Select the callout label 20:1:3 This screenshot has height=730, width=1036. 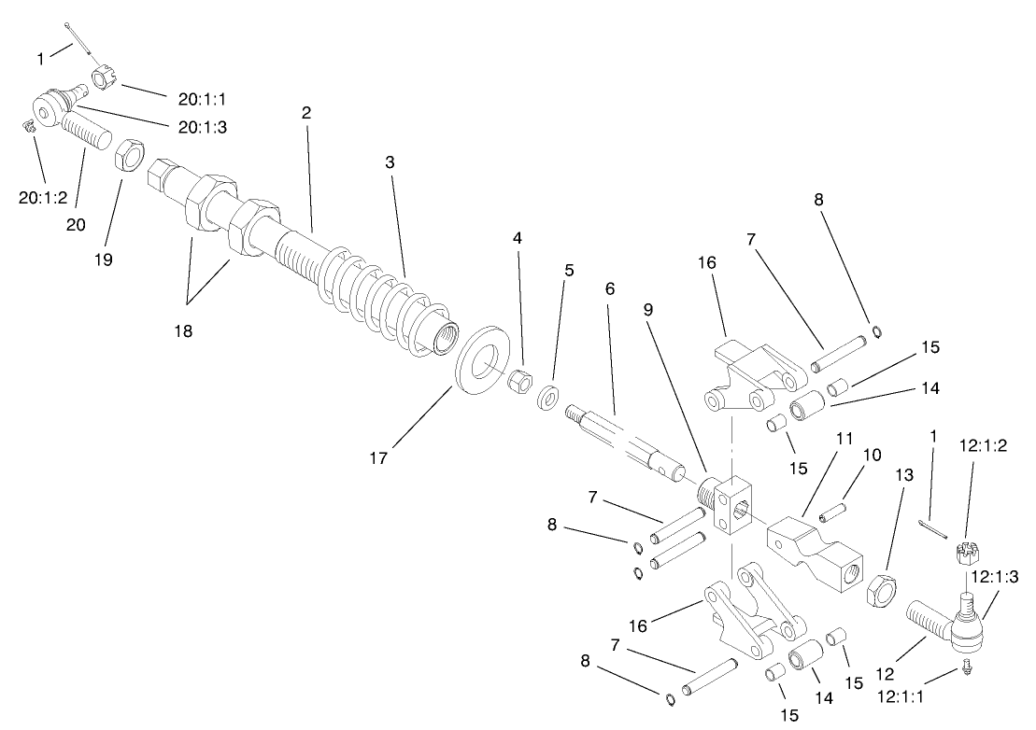pos(202,128)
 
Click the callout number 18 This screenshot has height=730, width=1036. pos(182,330)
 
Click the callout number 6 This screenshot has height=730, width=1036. pos(610,289)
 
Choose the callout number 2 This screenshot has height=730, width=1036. pos(305,112)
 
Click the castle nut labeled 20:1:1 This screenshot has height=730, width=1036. pos(105,77)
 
